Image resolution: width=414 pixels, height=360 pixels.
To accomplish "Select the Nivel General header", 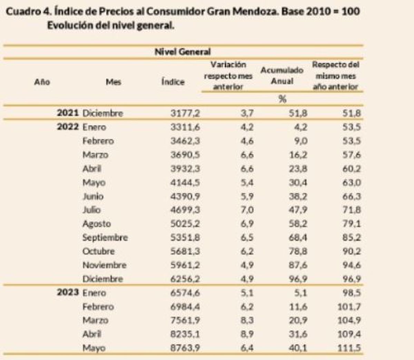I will pos(183,52).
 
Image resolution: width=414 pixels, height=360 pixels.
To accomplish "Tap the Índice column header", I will pos(173,82).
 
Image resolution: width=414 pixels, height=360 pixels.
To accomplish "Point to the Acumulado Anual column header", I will pos(282,76).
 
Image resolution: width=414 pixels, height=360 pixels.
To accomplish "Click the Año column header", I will pos(42,82).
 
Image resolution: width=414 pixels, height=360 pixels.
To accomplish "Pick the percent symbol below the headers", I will pos(282,99).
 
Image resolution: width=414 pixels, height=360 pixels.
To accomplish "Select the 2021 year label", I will pos(68,113).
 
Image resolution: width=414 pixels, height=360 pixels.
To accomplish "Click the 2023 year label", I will pos(68,293).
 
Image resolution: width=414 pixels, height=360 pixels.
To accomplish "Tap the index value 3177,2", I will pos(185,113).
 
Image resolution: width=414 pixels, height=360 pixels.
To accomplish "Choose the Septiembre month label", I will pos(105,237).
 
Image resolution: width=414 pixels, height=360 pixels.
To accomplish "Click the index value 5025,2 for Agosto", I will pos(185,224).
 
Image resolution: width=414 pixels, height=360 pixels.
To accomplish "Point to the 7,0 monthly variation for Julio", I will pos(247,210).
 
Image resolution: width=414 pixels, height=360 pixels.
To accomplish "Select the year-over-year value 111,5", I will pos(349,348).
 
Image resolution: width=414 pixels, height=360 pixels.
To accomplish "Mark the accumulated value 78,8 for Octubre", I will pos(298,251).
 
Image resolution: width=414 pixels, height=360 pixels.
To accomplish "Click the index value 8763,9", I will pos(185,348).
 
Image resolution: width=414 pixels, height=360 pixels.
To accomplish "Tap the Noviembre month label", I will pos(104,265).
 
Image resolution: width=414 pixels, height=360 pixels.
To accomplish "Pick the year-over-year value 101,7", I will pos(349,307).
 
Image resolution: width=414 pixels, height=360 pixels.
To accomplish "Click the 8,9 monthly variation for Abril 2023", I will pos(247,334).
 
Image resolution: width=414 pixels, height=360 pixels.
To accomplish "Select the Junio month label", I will pos(93,196).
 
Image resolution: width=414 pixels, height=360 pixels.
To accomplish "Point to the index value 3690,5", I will pos(185,155).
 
